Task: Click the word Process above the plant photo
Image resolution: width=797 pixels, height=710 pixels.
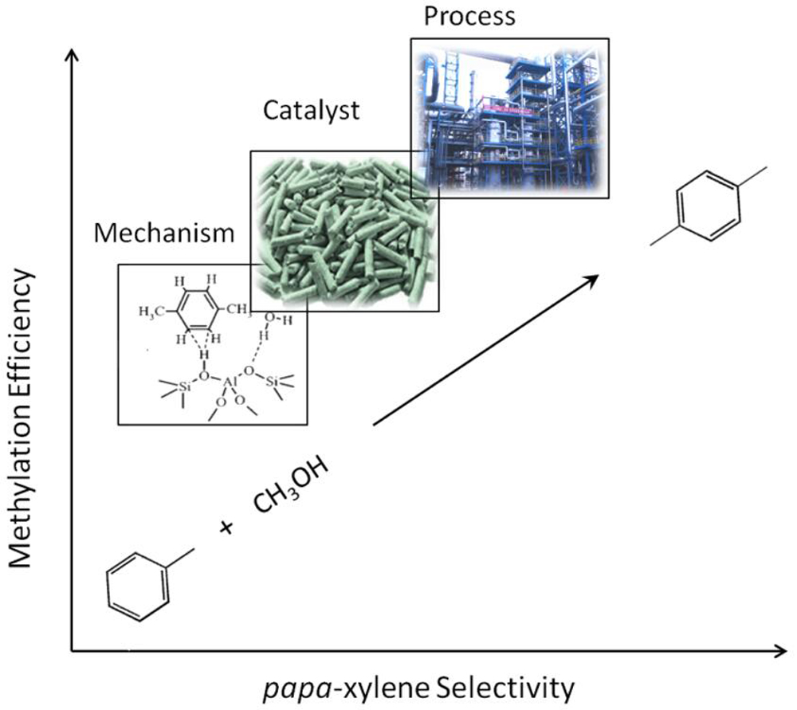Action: pos(469,16)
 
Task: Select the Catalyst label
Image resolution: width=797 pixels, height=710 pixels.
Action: pos(311,111)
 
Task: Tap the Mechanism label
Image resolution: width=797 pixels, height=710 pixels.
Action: pos(164,233)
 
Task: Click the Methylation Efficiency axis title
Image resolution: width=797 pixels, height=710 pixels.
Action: pos(21,419)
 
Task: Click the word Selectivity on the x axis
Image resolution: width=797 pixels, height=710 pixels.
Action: pos(506,688)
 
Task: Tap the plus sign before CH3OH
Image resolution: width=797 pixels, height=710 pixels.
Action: pos(226,528)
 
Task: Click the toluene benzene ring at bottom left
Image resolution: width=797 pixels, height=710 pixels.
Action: pos(137,587)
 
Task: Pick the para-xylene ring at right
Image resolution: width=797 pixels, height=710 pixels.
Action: pos(709,206)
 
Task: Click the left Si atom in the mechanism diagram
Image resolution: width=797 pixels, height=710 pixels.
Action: pos(183,386)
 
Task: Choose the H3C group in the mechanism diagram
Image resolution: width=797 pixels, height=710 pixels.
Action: pos(151,311)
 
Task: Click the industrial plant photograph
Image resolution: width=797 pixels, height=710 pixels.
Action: pos(510,118)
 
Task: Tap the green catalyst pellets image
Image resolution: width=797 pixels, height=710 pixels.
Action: pos(344,231)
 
